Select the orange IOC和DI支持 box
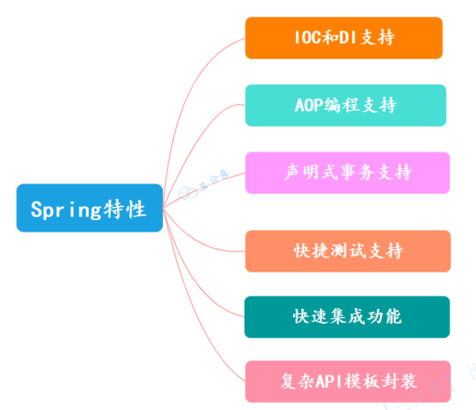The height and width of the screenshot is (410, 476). tap(344, 38)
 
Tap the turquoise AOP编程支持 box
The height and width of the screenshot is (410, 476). tap(345, 105)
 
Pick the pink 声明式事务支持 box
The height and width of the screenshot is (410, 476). tap(347, 173)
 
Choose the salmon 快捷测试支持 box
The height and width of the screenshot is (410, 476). tap(348, 251)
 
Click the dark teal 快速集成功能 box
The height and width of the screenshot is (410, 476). tap(347, 317)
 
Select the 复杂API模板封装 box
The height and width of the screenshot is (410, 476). tap(348, 381)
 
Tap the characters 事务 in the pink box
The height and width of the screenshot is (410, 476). tap(348, 173)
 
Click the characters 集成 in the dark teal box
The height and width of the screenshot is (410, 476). tap(347, 317)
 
